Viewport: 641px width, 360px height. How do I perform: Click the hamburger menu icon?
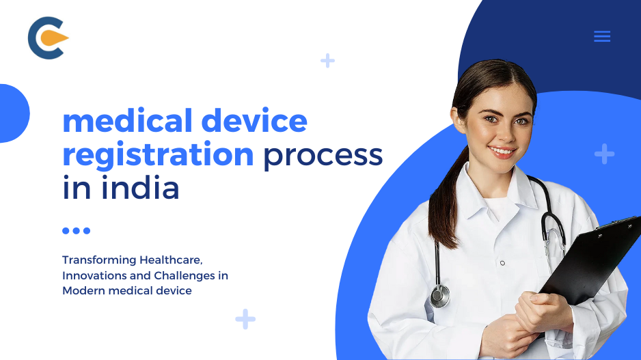602,36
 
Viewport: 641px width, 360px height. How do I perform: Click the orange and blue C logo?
47,38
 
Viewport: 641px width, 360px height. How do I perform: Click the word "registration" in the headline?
158,155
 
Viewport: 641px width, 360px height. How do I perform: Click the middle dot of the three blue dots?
77,231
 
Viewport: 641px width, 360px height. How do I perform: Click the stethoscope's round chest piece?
441,296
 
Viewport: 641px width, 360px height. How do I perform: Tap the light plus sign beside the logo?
328,61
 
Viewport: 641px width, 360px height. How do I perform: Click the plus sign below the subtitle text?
245,318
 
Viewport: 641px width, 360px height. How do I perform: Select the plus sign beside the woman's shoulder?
604,154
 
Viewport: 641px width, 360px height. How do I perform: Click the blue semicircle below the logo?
12,113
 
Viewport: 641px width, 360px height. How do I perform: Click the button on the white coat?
502,262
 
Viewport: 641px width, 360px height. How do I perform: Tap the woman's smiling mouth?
502,150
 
